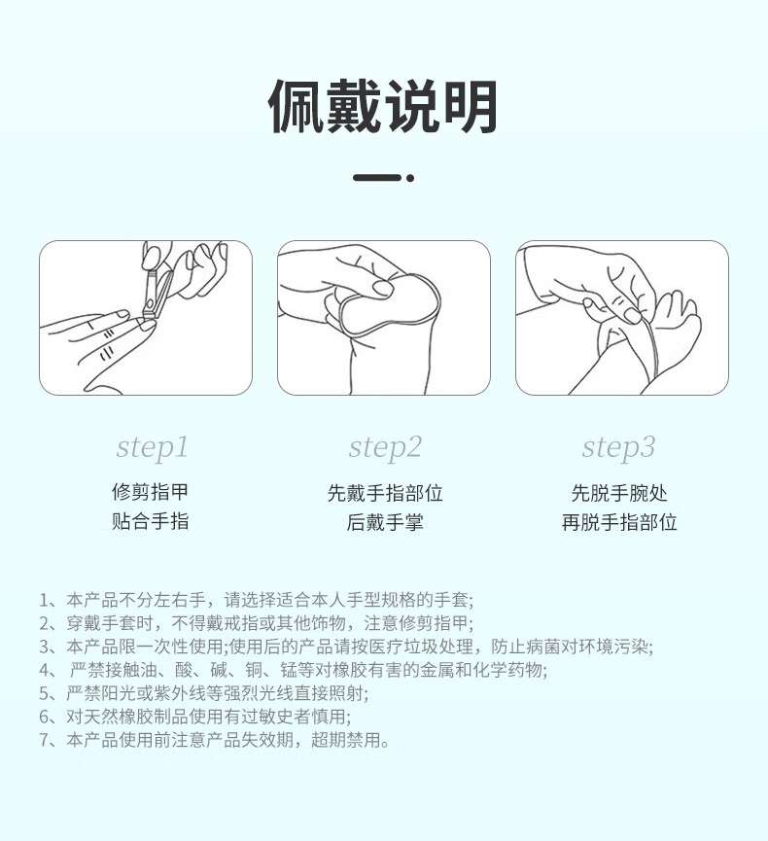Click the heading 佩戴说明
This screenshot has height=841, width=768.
(x=383, y=107)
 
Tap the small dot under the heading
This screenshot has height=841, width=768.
(x=410, y=178)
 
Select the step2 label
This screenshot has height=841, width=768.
(x=384, y=447)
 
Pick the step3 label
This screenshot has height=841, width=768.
(x=618, y=447)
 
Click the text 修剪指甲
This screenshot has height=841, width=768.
(x=151, y=493)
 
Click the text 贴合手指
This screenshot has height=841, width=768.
(x=151, y=522)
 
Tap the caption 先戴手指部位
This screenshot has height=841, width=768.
(x=384, y=493)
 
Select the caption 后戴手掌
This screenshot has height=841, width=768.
(x=384, y=522)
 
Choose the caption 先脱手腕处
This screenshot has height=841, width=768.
(x=618, y=493)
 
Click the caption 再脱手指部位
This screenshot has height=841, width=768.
(x=618, y=522)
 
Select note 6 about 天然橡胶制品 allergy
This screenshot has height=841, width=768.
(x=194, y=717)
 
